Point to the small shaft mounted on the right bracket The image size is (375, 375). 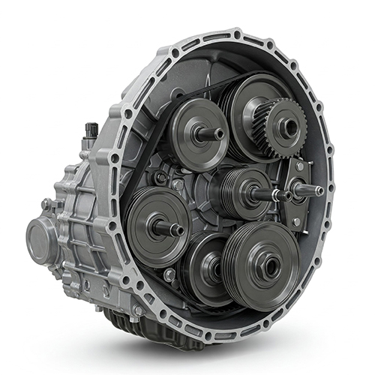[x=315, y=190]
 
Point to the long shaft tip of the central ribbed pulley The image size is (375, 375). [x=282, y=196]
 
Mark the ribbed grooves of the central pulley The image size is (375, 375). [x=229, y=191]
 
